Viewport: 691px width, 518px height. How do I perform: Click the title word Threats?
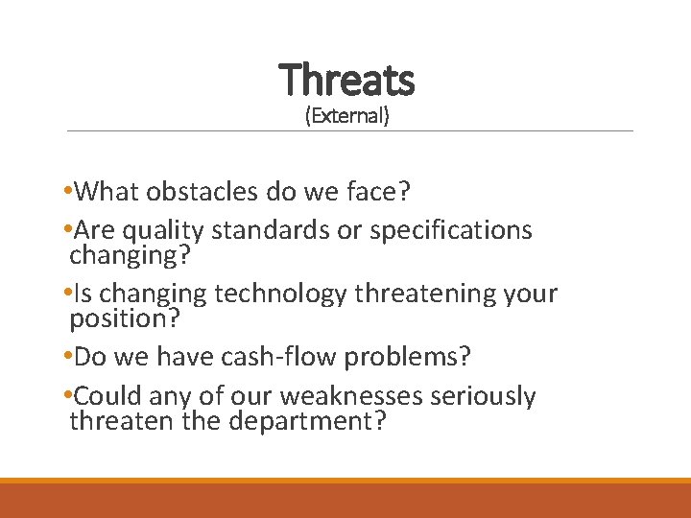[x=346, y=80]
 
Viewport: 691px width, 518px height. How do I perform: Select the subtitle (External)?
[x=346, y=117]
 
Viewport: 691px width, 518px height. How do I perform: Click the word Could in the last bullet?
[x=106, y=396]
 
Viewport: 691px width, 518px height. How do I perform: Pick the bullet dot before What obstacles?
[x=64, y=193]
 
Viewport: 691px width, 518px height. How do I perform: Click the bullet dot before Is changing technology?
[x=64, y=294]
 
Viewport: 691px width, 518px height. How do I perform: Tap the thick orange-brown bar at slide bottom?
[x=345, y=500]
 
